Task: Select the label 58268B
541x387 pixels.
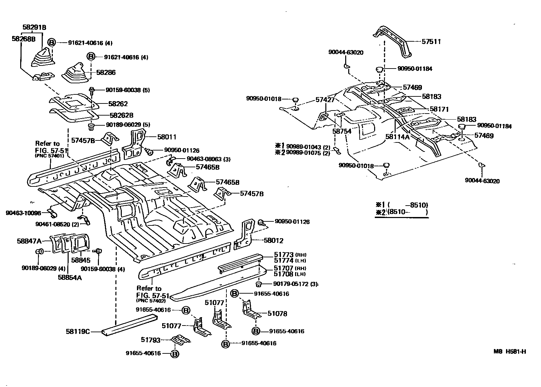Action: click(x=24, y=39)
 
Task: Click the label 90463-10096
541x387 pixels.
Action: click(x=23, y=213)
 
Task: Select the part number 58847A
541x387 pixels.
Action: click(x=29, y=241)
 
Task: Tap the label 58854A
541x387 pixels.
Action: click(x=70, y=277)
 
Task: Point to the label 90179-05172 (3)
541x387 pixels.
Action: click(x=295, y=284)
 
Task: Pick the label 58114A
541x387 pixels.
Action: click(x=397, y=137)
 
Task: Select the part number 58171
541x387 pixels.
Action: click(x=439, y=109)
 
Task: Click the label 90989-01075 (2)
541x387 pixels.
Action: click(x=306, y=153)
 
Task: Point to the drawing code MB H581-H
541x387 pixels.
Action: click(x=509, y=352)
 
